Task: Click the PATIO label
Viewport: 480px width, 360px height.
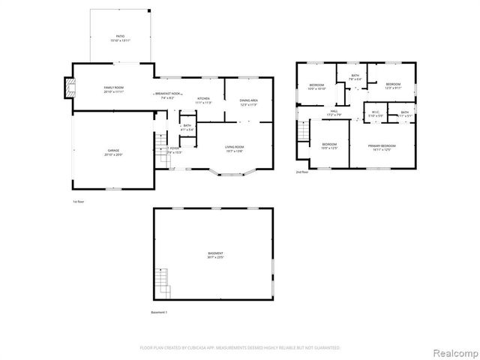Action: tap(120, 37)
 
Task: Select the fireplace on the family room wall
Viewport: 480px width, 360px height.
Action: tap(70, 88)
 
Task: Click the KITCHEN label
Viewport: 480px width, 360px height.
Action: tap(203, 100)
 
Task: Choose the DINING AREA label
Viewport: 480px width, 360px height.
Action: tap(249, 102)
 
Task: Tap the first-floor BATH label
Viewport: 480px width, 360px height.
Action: tap(187, 127)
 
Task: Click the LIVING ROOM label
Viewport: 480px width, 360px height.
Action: tap(235, 148)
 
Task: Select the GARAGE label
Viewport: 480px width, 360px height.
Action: tap(113, 152)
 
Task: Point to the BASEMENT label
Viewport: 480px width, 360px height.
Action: tap(215, 255)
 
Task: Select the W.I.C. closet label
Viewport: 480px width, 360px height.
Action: tap(375, 114)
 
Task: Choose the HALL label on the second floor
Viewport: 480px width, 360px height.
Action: tap(333, 112)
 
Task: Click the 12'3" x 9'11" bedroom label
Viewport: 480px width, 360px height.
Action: tap(394, 85)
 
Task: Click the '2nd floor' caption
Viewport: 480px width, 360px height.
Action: tap(301, 172)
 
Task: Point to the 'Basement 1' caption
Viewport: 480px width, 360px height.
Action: tap(159, 312)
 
